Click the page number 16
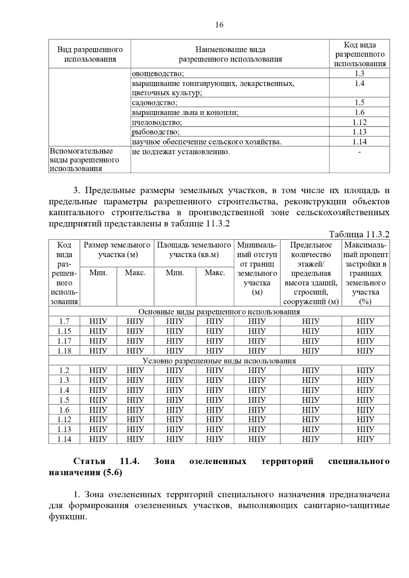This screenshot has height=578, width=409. click(219, 25)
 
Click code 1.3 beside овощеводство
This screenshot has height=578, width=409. click(359, 74)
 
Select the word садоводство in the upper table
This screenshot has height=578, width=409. click(154, 103)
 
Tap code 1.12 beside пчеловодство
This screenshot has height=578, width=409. click(359, 122)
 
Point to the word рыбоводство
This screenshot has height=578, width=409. click(155, 132)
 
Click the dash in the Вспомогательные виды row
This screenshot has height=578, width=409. click(359, 152)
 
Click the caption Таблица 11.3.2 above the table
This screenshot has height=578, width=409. click(359, 235)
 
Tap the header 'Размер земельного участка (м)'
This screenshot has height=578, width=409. click(117, 250)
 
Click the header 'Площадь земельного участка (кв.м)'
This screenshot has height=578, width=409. click(194, 250)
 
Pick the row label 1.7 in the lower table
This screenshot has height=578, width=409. click(64, 321)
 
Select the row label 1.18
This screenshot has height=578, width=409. click(64, 351)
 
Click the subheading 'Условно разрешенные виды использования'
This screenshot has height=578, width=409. click(219, 361)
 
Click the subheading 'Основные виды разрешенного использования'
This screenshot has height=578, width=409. click(219, 312)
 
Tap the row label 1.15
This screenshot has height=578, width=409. click(64, 331)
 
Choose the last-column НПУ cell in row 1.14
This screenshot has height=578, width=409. click(365, 439)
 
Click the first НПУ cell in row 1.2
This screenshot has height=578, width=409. click(98, 371)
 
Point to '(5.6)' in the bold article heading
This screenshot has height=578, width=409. click(112, 473)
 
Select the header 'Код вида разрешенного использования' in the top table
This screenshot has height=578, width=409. click(359, 54)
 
